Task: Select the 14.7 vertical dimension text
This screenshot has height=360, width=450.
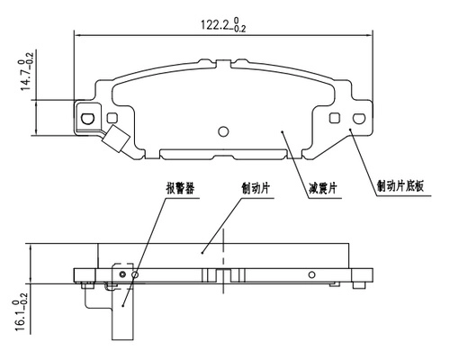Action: point(30,74)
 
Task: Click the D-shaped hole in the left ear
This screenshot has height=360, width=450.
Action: point(88,117)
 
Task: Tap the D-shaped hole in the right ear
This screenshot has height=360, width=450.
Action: point(358,117)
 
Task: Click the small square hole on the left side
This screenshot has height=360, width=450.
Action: point(112,117)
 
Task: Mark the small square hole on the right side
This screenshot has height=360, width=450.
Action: point(335,117)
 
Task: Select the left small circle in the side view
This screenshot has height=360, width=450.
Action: point(135,274)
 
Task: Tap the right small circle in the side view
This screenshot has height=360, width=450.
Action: point(311,274)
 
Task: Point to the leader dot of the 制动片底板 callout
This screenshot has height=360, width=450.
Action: point(349,133)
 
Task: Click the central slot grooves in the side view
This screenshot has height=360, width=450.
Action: point(222,274)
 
